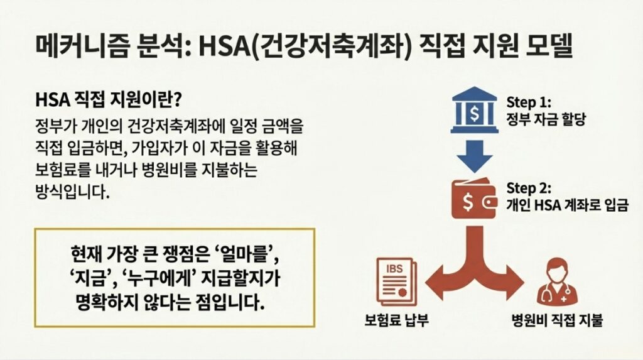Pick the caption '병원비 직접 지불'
click(557, 320)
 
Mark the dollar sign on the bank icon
click(473, 112)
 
